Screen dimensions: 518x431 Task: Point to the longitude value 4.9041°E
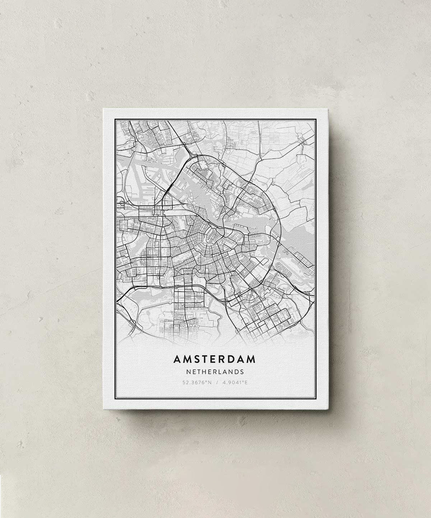235,382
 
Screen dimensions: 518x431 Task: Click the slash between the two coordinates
215,382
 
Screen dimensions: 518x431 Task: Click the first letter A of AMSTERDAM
177,359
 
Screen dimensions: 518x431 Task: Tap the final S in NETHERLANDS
242,371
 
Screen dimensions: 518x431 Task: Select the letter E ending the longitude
246,382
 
